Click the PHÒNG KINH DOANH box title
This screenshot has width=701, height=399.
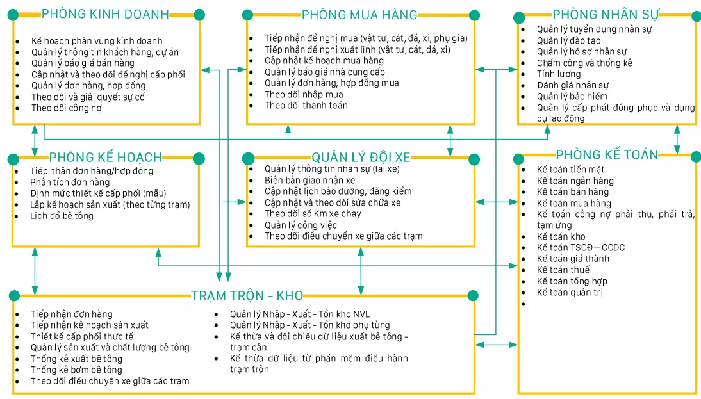[x=106, y=13]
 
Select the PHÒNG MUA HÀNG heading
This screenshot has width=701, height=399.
[x=359, y=15]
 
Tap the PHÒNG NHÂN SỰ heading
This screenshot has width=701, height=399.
[x=606, y=14]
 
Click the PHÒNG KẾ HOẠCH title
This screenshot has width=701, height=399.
[x=105, y=158]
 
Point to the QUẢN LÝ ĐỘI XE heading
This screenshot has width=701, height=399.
[x=361, y=158]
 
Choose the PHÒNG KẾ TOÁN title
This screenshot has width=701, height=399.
[x=606, y=154]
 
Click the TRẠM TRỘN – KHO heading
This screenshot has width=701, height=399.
[x=247, y=295]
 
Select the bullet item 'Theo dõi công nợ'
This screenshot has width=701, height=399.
[x=67, y=108]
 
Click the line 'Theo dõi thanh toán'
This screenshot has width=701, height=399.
[x=306, y=105]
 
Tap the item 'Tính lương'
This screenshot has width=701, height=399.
[x=559, y=74]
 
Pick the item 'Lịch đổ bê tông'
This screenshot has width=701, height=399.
[x=62, y=216]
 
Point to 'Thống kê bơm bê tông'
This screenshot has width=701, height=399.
[x=76, y=370]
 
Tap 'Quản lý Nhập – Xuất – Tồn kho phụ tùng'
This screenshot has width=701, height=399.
[x=309, y=325]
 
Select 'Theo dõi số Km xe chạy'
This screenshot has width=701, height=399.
[x=313, y=213]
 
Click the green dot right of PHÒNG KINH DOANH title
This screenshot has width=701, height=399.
[x=199, y=13]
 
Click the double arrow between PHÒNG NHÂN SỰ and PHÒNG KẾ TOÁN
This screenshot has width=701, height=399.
[x=677, y=139]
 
